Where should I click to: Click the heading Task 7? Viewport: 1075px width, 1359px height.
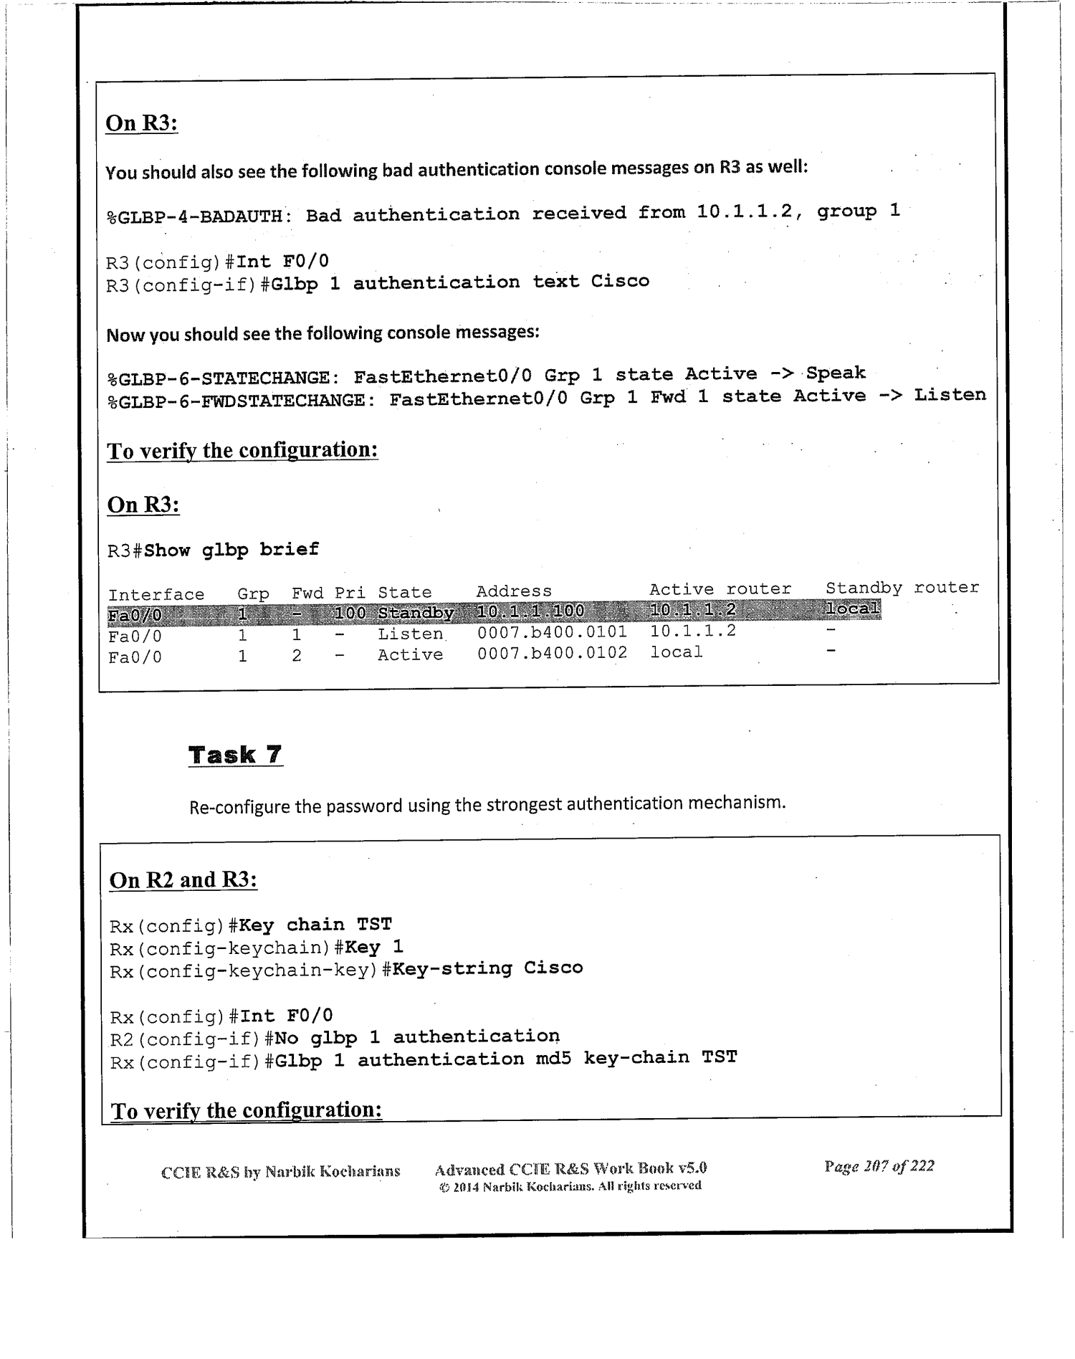[x=235, y=755]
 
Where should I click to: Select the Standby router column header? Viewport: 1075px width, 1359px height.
[x=902, y=588]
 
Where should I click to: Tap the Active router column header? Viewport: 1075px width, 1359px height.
[x=720, y=589]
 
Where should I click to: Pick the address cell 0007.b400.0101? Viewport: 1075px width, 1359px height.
[x=552, y=632]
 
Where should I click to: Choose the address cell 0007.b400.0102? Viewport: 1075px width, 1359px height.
[x=552, y=653]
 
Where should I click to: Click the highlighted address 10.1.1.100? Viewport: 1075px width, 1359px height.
[x=530, y=611]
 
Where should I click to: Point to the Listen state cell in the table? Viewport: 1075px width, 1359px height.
[x=411, y=634]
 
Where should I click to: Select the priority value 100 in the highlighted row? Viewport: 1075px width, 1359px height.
[x=350, y=613]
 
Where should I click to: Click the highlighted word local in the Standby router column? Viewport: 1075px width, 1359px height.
[x=852, y=609]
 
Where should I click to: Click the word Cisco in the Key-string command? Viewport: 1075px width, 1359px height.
[x=553, y=968]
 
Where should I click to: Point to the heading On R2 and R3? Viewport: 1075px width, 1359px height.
[x=183, y=880]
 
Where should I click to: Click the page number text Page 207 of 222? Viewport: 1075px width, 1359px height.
[x=879, y=1166]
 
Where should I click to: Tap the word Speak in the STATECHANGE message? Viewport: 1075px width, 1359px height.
[x=836, y=373]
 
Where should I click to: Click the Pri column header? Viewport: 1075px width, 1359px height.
[x=350, y=593]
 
